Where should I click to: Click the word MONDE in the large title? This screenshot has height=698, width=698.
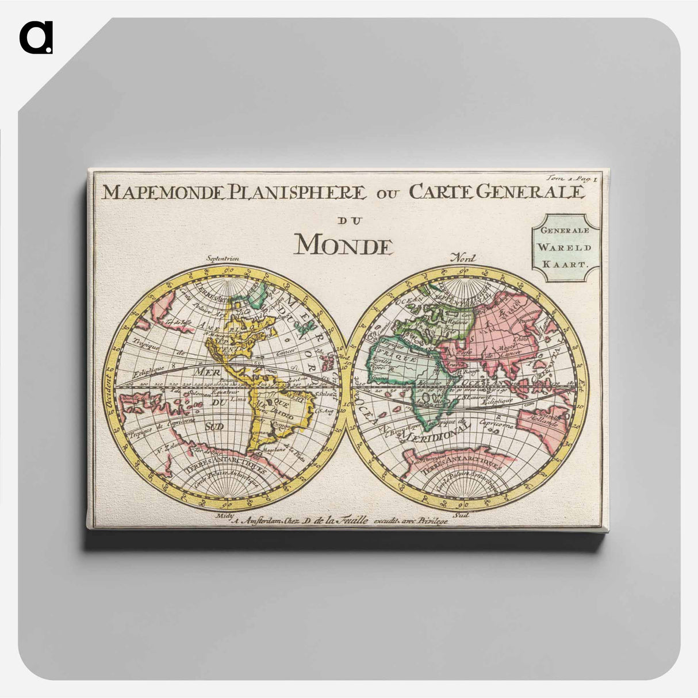344,244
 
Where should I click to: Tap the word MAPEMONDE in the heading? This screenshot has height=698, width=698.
162,192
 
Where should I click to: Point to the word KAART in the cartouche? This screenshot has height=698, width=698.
565,265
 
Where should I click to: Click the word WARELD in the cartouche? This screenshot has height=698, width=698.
565,248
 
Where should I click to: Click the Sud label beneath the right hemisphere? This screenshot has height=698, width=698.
461,515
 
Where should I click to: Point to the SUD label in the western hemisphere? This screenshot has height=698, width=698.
214,426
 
